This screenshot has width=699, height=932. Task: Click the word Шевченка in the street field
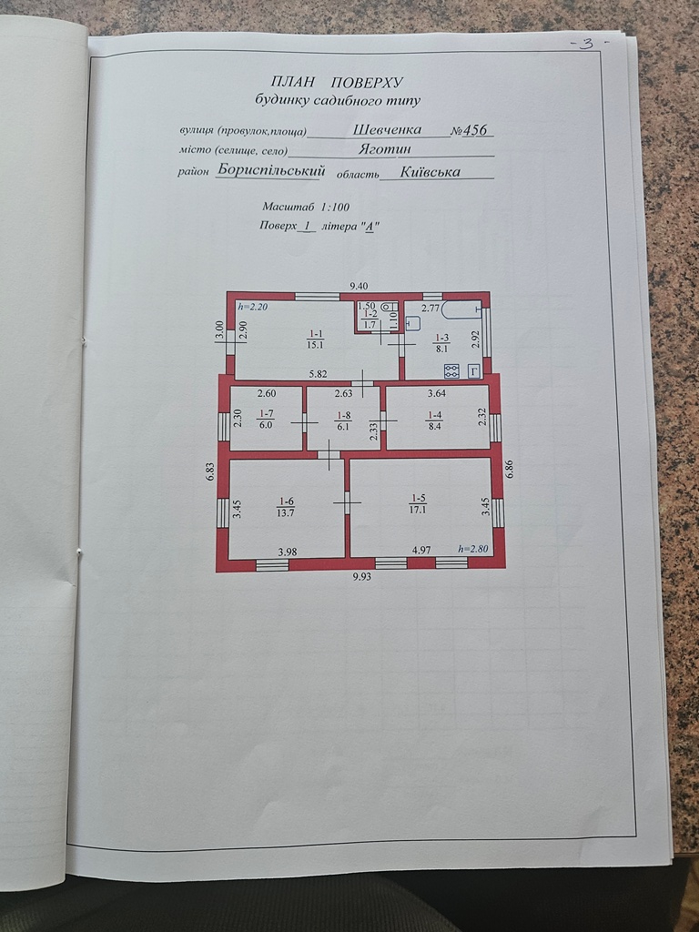pyautogui.click(x=387, y=129)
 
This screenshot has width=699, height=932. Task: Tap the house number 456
pyautogui.click(x=474, y=130)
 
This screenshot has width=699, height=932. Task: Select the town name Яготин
pyautogui.click(x=384, y=148)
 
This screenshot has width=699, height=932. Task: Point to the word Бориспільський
pyautogui.click(x=271, y=169)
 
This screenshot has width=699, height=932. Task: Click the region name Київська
pyautogui.click(x=430, y=172)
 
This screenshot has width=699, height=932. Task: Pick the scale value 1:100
pyautogui.click(x=335, y=207)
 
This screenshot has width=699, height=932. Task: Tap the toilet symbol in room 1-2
pyautogui.click(x=388, y=308)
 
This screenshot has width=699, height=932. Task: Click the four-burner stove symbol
pyautogui.click(x=452, y=371)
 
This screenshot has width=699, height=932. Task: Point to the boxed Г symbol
pyautogui.click(x=474, y=371)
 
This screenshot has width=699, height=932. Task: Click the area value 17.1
pyautogui.click(x=419, y=510)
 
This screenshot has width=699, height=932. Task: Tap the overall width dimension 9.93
pyautogui.click(x=361, y=576)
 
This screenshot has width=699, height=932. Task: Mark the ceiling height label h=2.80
pyautogui.click(x=473, y=549)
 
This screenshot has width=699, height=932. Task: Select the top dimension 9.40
pyautogui.click(x=359, y=287)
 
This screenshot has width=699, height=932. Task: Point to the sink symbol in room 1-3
pyautogui.click(x=413, y=323)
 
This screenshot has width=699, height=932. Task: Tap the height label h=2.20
pyautogui.click(x=252, y=308)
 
